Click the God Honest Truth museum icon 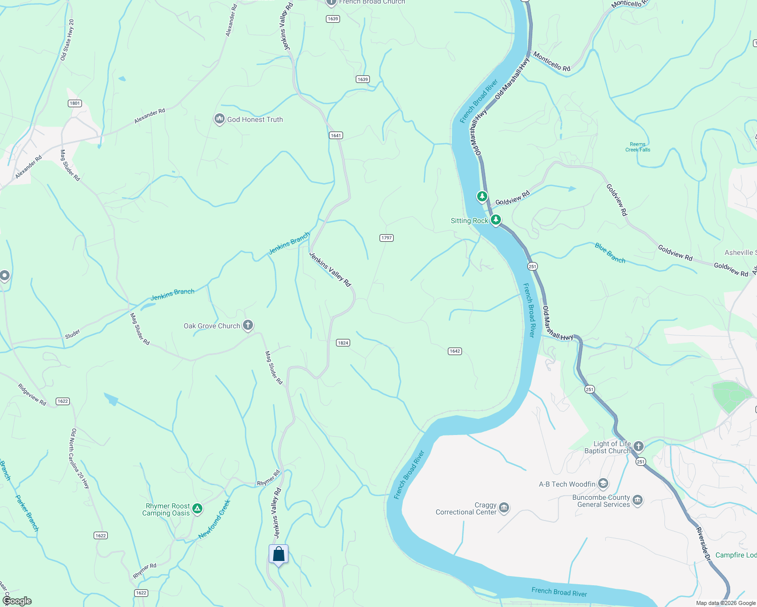(x=219, y=119)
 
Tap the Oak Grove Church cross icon (x=247, y=325)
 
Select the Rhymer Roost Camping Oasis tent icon (x=197, y=509)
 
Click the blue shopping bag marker (x=278, y=554)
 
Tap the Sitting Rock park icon (x=496, y=220)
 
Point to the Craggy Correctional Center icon (x=503, y=508)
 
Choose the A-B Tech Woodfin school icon (x=603, y=484)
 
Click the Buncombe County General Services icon (x=637, y=501)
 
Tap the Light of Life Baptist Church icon (x=639, y=447)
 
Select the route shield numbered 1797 (x=387, y=238)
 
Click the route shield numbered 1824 (x=343, y=343)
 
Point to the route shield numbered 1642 (x=455, y=351)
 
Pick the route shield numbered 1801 (x=75, y=103)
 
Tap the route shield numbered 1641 (x=336, y=135)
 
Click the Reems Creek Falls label (x=638, y=147)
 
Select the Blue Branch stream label (x=610, y=253)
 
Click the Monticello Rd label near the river (x=552, y=63)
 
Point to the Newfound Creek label (x=215, y=519)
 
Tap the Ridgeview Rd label (x=32, y=395)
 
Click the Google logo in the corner (x=17, y=601)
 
